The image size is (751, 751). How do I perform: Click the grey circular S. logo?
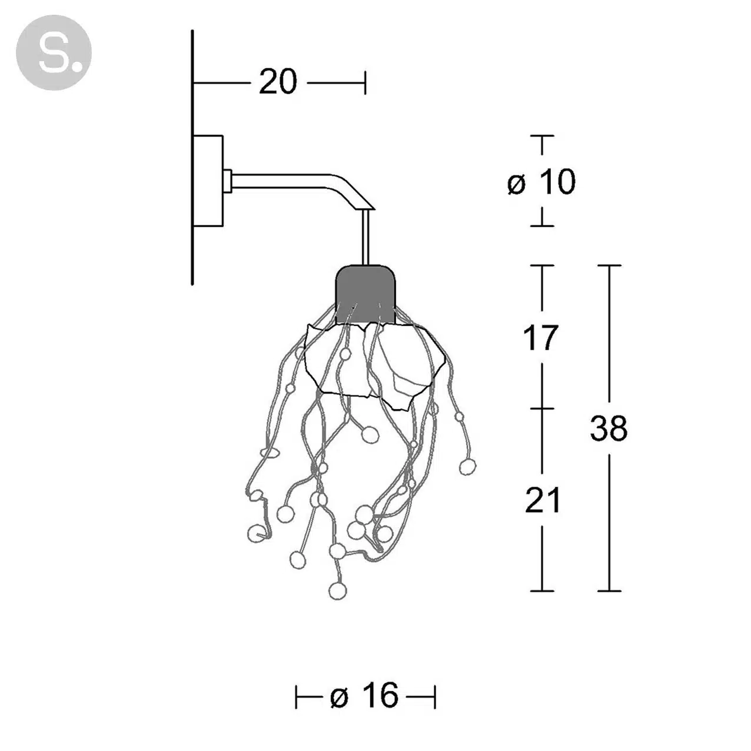coord(54,52)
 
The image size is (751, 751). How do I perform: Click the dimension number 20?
coord(278,82)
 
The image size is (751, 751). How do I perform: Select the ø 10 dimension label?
coord(541,182)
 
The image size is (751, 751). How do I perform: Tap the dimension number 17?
coord(541,337)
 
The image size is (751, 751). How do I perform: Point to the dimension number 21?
coord(543,500)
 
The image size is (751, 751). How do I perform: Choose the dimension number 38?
coord(609,428)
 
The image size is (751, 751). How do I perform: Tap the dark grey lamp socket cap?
coord(365,294)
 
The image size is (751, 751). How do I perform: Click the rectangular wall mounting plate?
coord(208,181)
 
